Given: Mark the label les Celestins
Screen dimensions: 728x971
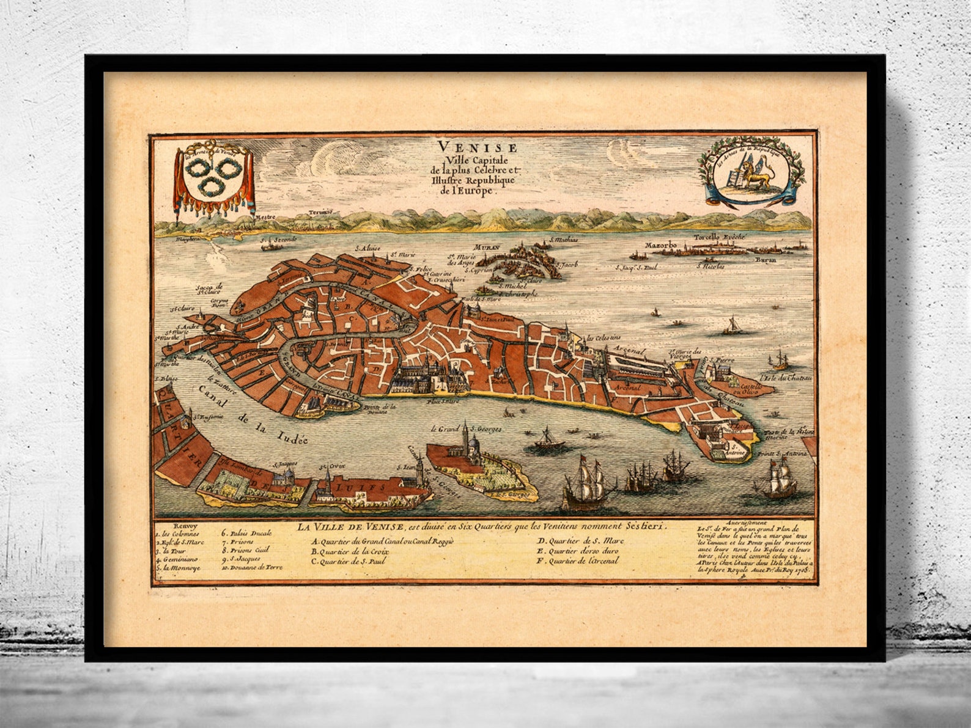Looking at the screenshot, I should coord(604,337).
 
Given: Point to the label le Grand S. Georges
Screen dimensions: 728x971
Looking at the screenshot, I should coord(466,429).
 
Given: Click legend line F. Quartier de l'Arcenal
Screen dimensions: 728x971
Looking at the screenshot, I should coord(578,560).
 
